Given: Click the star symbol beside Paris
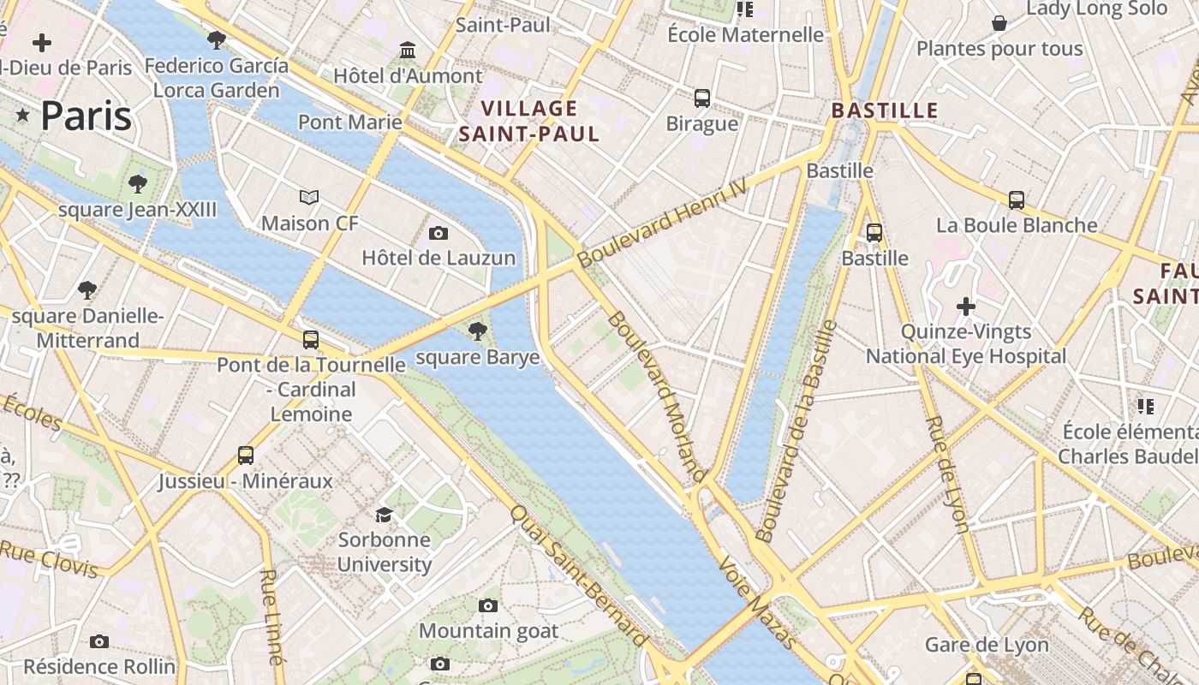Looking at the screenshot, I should pos(22,116).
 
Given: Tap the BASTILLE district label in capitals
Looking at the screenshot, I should pos(885,110).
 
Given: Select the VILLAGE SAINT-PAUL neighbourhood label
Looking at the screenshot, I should pos(528,121).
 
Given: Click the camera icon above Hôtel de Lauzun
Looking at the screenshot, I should pos(438,233).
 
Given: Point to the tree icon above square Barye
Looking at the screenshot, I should pos(477,331).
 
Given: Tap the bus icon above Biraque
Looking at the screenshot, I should pos(702,98).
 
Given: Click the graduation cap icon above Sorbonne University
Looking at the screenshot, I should pos(384,515).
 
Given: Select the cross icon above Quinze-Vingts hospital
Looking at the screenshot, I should pos(966,306).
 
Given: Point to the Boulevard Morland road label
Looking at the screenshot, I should pos(657,396).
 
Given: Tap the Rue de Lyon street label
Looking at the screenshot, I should pos(948,474).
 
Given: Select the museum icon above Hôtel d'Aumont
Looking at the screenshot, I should pos(408,51).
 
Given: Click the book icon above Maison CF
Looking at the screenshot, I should pos(309,198).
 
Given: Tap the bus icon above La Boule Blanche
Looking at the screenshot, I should pos(1017,200).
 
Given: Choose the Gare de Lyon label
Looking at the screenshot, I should pos(987,645).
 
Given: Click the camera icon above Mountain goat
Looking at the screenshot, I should pos(488,606).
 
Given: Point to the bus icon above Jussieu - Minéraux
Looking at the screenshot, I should pos(246,455).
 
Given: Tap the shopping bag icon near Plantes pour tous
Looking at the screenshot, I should pos(999,23).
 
